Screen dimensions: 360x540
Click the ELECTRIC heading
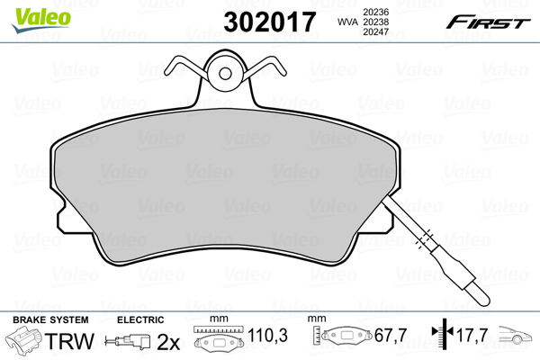(x=140, y=320)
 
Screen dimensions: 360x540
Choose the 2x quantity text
(x=168, y=342)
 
